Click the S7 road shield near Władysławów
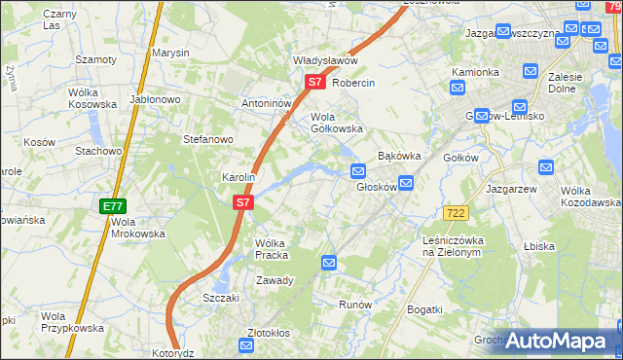[x=314, y=83]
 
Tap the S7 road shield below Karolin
[x=243, y=203]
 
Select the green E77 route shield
[x=113, y=206]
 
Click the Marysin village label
[x=170, y=54]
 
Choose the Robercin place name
[x=353, y=84]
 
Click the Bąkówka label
[x=398, y=155]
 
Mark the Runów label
[x=355, y=305]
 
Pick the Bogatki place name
[x=424, y=309]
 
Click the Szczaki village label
[x=221, y=298]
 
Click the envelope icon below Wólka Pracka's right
[x=329, y=263]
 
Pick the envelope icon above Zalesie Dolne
[x=531, y=71]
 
